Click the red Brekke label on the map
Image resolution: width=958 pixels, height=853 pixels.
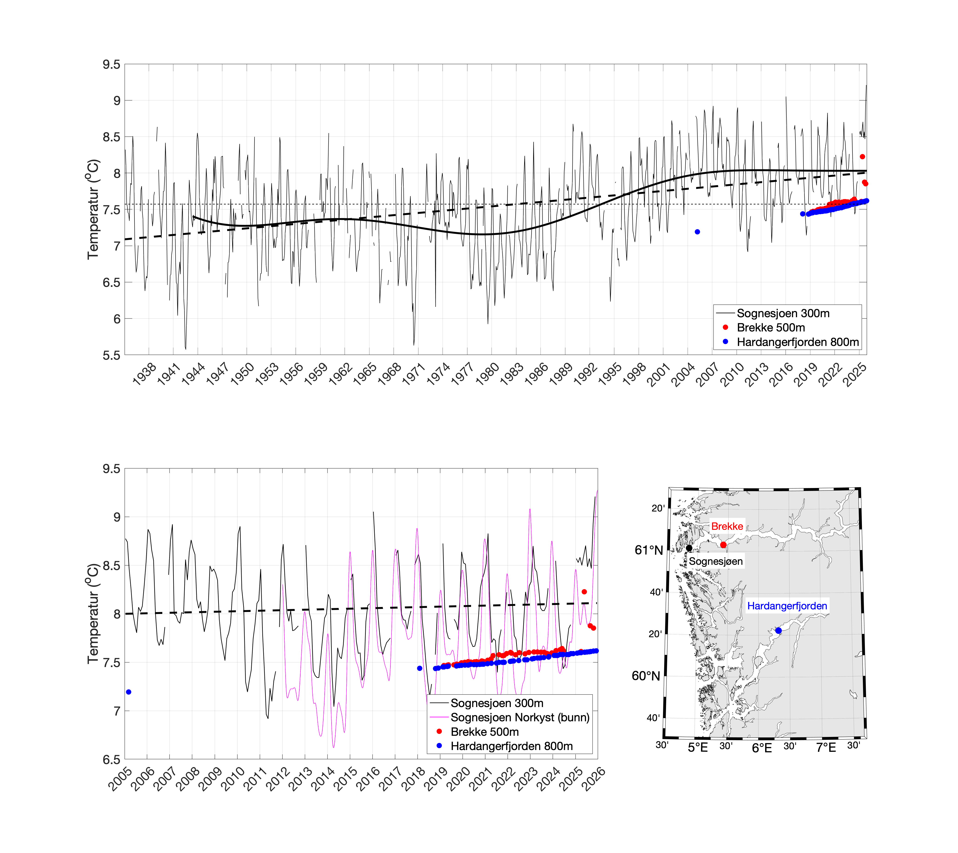727,526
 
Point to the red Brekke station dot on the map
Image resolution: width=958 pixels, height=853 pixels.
723,545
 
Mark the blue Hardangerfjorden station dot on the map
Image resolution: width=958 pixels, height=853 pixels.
778,631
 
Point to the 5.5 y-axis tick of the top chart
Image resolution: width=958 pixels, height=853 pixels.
112,355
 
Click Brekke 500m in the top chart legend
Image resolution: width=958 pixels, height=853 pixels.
771,328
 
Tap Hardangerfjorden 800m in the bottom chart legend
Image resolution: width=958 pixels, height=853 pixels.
511,746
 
